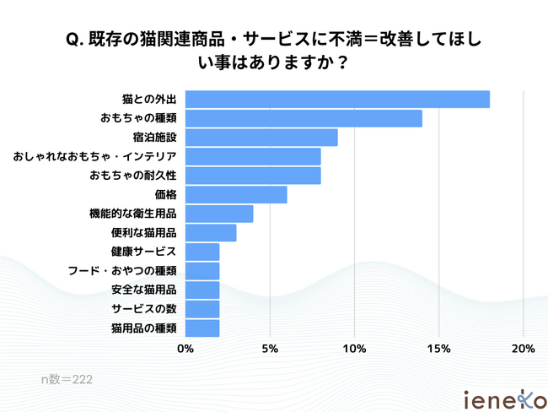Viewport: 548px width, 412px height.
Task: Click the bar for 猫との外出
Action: [x=337, y=99]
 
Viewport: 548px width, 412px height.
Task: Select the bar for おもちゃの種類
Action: [x=304, y=118]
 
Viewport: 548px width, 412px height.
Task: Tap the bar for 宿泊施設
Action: [x=261, y=138]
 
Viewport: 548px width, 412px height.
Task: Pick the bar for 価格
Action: [x=236, y=194]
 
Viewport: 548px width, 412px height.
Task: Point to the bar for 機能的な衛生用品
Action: [x=219, y=214]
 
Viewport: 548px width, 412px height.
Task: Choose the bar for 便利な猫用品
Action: [x=211, y=232]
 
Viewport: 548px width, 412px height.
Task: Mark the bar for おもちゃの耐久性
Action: [x=253, y=176]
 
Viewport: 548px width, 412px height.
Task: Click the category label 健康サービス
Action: [x=142, y=252]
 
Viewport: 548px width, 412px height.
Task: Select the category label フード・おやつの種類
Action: [x=122, y=271]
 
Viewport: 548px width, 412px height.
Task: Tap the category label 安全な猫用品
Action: [x=142, y=290]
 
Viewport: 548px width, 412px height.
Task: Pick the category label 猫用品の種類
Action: [x=142, y=328]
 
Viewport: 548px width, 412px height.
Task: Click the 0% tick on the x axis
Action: [x=185, y=348]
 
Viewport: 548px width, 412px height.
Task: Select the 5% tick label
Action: [x=270, y=348]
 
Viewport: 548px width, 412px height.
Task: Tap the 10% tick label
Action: [x=354, y=348]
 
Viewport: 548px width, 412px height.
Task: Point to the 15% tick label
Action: [x=438, y=348]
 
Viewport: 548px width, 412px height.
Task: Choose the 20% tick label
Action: [x=524, y=348]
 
